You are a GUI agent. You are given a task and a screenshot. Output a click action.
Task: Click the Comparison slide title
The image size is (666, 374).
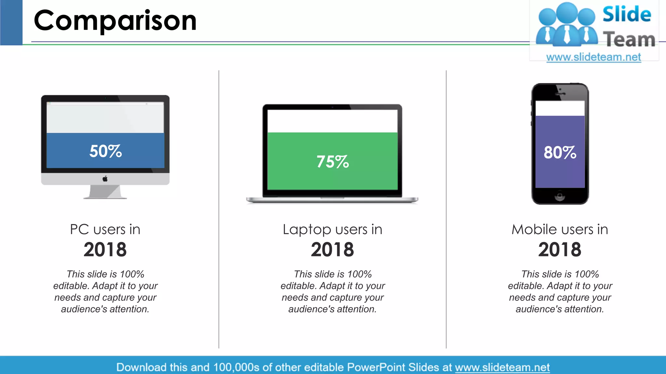tap(115, 21)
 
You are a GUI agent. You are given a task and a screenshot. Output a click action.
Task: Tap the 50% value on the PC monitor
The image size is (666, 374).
tap(105, 151)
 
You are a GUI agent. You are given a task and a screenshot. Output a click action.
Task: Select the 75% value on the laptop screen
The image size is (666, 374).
tap(332, 162)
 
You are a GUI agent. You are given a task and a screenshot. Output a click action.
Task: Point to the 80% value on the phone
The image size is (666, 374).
tap(560, 153)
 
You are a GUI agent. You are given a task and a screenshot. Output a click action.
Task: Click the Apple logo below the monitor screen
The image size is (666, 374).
tap(105, 179)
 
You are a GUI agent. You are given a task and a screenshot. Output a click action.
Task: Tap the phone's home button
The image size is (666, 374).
tap(560, 196)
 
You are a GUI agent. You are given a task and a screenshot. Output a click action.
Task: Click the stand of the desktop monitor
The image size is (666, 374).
tap(105, 192)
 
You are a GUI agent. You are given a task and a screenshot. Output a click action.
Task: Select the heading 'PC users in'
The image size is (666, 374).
tap(105, 230)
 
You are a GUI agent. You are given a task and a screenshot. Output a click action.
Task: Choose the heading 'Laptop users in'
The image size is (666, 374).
tap(332, 230)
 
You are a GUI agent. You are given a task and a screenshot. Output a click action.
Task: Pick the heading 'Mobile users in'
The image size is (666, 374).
tap(560, 230)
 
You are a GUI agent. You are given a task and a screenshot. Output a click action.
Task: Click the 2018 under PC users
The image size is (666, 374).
tap(105, 250)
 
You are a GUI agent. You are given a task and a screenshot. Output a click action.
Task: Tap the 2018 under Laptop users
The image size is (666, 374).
tap(332, 250)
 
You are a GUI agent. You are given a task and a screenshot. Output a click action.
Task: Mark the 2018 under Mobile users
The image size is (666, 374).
tap(560, 250)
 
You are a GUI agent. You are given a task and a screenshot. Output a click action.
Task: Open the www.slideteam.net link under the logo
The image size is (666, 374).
tap(593, 57)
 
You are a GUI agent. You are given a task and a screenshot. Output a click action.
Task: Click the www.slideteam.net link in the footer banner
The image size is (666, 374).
tap(502, 367)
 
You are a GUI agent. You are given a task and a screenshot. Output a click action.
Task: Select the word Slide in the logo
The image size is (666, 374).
tap(627, 15)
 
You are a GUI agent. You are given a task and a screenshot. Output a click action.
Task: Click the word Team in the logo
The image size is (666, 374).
tap(629, 39)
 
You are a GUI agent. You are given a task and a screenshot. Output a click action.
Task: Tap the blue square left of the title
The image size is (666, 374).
tap(11, 22)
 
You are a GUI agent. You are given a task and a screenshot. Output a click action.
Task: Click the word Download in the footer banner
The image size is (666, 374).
tap(141, 367)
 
